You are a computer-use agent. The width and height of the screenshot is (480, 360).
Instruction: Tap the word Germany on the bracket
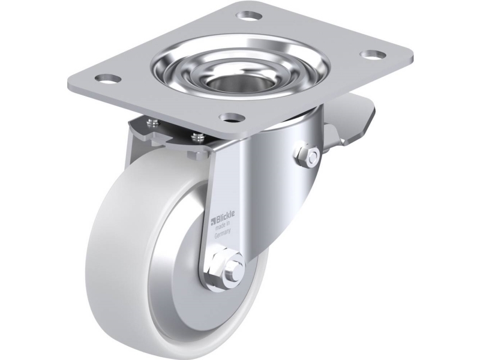tap(223, 235)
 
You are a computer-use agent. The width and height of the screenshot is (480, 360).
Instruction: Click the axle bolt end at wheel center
tap(235, 266)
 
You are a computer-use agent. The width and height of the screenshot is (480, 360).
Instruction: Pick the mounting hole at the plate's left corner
tap(108, 79)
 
